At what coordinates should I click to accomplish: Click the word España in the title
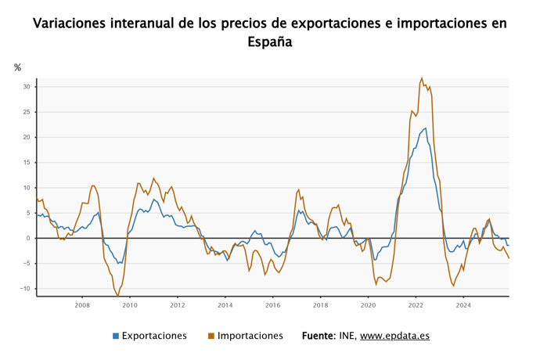(x=270, y=43)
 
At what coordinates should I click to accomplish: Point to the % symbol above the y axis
(x=17, y=68)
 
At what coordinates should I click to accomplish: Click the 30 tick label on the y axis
(x=26, y=87)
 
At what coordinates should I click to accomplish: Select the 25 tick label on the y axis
(x=26, y=112)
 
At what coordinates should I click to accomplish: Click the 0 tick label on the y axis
(x=28, y=238)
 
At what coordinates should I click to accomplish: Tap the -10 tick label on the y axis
(x=24, y=289)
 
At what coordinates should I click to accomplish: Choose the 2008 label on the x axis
(x=82, y=305)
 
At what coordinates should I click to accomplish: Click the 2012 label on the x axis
(x=178, y=305)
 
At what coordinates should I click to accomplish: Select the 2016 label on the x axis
(x=272, y=305)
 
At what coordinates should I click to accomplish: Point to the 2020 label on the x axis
(x=368, y=305)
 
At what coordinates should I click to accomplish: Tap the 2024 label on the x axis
(x=463, y=305)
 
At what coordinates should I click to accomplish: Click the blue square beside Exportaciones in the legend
(x=116, y=337)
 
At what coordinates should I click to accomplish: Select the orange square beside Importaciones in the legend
(x=211, y=337)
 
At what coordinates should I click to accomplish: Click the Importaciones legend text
(x=250, y=336)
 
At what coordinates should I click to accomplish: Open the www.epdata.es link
(x=394, y=336)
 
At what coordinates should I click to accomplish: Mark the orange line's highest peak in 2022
(x=422, y=78)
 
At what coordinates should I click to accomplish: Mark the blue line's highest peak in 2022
(x=425, y=128)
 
